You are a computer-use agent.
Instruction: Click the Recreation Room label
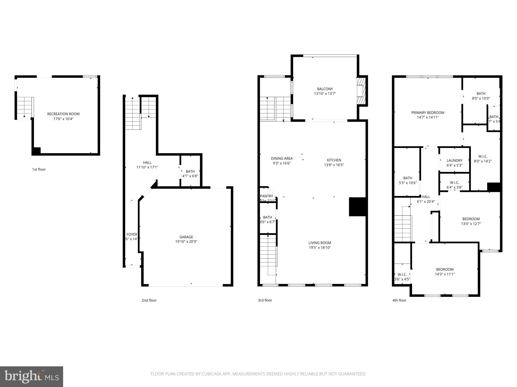coord(63,114)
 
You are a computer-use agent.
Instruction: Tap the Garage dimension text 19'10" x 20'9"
coord(186,242)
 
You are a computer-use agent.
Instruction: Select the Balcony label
coord(325,89)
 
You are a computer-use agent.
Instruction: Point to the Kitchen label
coord(334,160)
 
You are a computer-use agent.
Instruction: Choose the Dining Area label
coord(282,158)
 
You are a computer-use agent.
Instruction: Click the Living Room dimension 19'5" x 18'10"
coord(320,248)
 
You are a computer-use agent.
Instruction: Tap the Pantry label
coord(267,196)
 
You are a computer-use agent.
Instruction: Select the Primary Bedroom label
coord(428,113)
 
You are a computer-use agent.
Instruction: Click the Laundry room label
coord(454,160)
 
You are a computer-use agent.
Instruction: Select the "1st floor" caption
coord(39,169)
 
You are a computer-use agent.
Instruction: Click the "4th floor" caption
coord(399,300)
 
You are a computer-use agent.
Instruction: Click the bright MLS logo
coord(31,376)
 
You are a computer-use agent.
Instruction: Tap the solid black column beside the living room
coord(357,207)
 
